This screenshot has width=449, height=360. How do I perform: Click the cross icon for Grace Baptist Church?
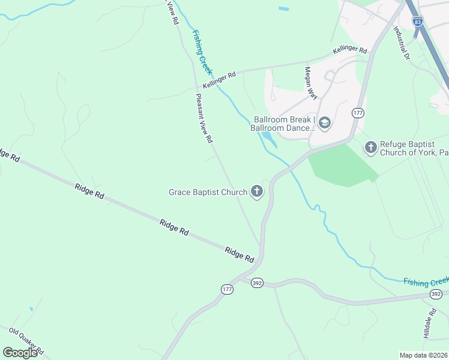click(x=257, y=192)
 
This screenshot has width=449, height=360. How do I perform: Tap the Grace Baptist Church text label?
click(x=208, y=193)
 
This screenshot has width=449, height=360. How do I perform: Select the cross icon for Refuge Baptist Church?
click(x=370, y=146)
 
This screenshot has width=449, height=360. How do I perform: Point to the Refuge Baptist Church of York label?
click(x=413, y=148)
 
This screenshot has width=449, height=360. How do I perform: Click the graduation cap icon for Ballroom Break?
click(x=324, y=124)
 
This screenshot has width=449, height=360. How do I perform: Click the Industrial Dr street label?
click(x=401, y=43)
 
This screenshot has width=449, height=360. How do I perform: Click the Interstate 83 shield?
click(x=417, y=21)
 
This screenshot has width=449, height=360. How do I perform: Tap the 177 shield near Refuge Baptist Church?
click(x=358, y=113)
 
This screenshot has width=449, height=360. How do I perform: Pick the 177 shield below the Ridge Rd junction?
click(x=227, y=289)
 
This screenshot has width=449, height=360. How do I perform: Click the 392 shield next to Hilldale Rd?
click(x=436, y=294)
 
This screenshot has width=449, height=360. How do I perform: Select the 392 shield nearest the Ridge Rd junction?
click(x=257, y=283)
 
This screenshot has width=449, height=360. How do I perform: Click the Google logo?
click(x=20, y=352)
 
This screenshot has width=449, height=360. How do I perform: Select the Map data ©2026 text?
click(x=423, y=355)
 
